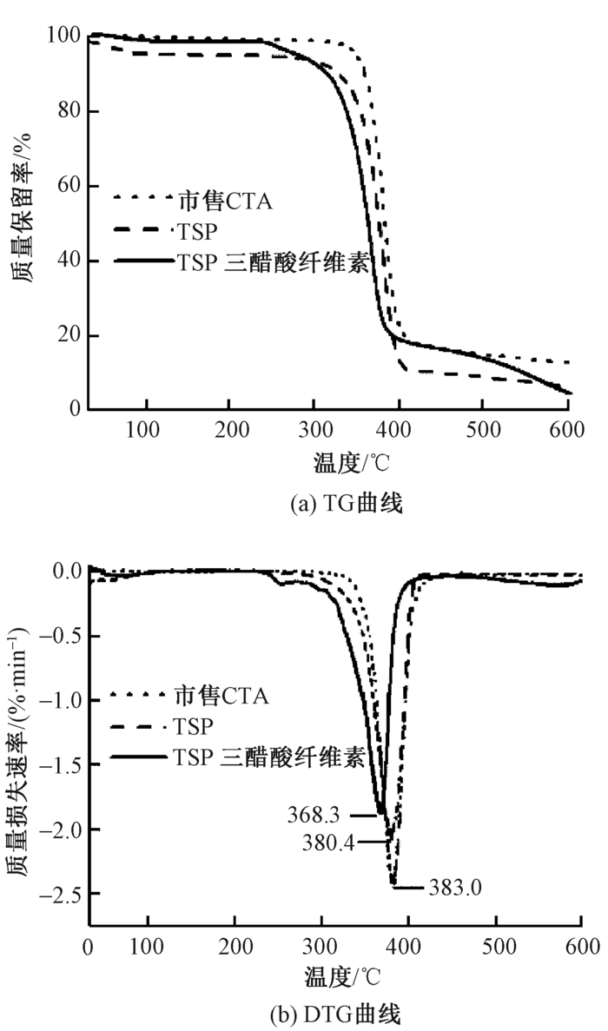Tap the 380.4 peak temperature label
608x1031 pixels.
328,842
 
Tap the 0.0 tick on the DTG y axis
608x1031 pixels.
65,572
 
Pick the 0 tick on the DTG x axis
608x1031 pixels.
89,945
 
